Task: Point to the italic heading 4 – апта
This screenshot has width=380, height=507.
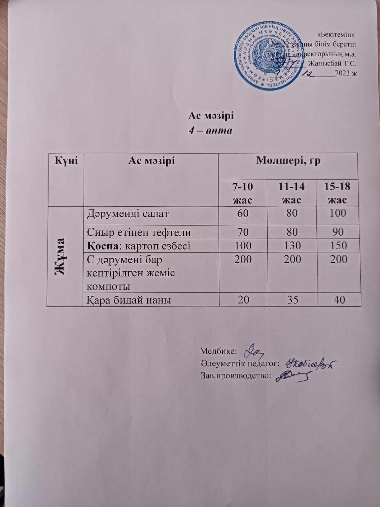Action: tap(211, 130)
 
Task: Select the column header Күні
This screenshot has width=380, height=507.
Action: tap(66, 161)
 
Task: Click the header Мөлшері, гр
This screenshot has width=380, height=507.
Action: tap(288, 161)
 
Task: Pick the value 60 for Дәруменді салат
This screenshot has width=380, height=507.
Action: tap(243, 213)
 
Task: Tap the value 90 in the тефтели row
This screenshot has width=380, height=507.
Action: tap(338, 232)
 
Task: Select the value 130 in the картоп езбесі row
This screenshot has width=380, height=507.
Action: tap(292, 246)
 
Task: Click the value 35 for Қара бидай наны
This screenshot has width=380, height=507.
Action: tap(292, 299)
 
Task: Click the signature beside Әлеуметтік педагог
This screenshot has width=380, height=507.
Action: tap(311, 364)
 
